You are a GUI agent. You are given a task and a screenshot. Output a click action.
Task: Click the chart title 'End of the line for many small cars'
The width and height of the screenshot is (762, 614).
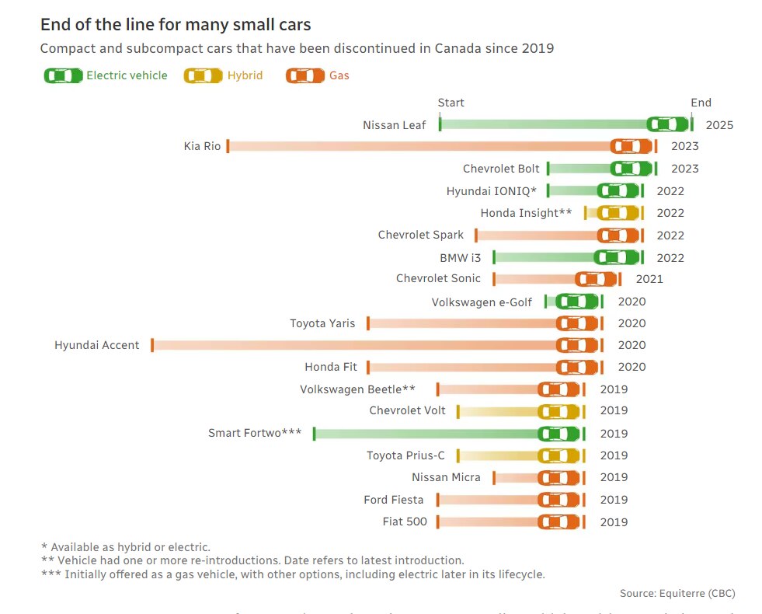[x=176, y=25]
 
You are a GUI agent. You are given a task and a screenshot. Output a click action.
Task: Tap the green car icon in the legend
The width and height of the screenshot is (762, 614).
[x=63, y=75]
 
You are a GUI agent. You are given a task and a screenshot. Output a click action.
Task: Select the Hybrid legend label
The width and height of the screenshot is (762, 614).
[x=245, y=75]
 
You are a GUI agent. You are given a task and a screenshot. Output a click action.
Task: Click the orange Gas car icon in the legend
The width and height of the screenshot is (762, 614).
[x=305, y=75]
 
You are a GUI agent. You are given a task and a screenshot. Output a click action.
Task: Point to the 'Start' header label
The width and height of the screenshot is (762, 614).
[x=451, y=103]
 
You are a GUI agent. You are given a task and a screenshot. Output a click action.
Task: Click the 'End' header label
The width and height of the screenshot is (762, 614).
[x=701, y=103]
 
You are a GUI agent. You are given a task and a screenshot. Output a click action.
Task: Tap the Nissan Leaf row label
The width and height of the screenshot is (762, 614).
[x=394, y=125]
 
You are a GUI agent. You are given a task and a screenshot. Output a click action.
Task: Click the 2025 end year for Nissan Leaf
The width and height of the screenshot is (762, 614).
[x=719, y=124]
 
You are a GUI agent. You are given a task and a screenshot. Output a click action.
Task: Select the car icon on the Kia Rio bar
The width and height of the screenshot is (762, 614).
[x=631, y=146]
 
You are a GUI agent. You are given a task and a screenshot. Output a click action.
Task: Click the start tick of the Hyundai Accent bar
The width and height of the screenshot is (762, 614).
[x=152, y=345]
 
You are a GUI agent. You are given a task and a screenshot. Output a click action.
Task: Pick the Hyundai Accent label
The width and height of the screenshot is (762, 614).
[x=97, y=345]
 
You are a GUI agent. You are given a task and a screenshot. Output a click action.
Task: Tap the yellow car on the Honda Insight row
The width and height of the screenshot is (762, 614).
[x=618, y=213]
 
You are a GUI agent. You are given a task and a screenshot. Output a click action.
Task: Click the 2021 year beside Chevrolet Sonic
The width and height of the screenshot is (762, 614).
[x=649, y=279]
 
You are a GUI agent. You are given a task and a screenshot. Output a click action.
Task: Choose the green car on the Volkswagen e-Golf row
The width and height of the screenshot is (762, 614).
[x=577, y=302]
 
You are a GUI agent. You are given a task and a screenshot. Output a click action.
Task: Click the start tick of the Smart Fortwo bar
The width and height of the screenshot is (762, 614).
[x=314, y=434]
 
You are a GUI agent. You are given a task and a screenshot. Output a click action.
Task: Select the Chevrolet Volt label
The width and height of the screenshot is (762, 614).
[x=407, y=410]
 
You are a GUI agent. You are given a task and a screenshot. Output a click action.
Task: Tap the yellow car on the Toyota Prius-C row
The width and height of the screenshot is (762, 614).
[x=558, y=455]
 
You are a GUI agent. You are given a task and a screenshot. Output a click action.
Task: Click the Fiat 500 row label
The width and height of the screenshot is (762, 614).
[x=405, y=522]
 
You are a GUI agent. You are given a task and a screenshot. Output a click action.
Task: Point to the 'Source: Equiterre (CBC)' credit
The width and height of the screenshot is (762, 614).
[x=677, y=593]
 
